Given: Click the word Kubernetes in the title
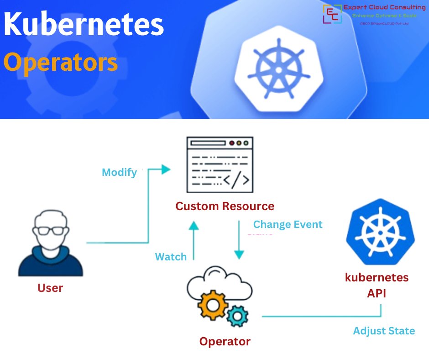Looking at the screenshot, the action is tap(84, 26).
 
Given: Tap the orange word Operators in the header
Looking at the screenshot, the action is tap(61, 63).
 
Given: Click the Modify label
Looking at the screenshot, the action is tap(119, 172).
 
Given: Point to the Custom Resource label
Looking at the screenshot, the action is tap(225, 206).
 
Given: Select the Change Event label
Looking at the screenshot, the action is tap(288, 224).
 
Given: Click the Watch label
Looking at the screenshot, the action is tap(171, 257).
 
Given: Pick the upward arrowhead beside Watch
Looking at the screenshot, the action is tap(194, 225).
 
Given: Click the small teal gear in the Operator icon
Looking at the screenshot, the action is tap(237, 316).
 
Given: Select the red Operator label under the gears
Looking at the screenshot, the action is tap(225, 341).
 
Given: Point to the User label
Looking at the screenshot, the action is tap(50, 288).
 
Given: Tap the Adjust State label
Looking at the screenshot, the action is tap(384, 331).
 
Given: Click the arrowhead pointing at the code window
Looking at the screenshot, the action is tap(166, 169).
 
